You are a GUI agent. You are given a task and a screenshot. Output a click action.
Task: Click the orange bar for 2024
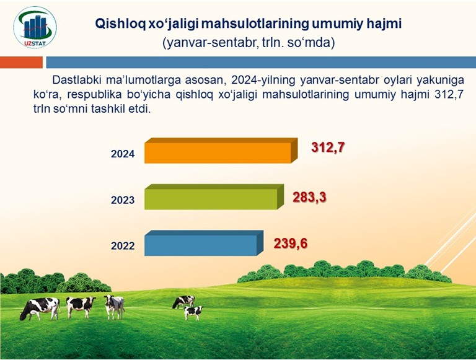coord(221,151)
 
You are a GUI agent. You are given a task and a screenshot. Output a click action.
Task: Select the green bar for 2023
coord(214,196)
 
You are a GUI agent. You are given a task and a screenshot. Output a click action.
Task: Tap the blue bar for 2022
coord(204,243)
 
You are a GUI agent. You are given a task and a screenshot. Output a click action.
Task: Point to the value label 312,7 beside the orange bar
coord(328,147)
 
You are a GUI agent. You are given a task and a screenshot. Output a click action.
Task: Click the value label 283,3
coord(309,197)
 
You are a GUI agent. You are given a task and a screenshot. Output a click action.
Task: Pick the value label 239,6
coord(291,244)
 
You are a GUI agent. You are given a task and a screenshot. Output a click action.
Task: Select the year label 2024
coord(123,154)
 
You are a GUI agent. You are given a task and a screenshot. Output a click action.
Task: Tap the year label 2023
coord(123,200)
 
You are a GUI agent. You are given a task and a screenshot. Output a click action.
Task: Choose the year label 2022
coord(123,245)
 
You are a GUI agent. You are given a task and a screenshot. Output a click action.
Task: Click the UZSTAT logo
coord(35,28)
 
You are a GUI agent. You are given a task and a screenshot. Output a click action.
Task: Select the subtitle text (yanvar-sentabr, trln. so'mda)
coord(249,43)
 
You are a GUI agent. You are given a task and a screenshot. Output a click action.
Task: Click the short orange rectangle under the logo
coord(21,62)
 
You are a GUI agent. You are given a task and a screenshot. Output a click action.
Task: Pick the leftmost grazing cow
coord(40,309)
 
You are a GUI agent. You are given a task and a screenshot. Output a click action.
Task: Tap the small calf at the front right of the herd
coord(193,313)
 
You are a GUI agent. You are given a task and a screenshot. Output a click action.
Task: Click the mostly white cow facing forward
coord(114,307)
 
